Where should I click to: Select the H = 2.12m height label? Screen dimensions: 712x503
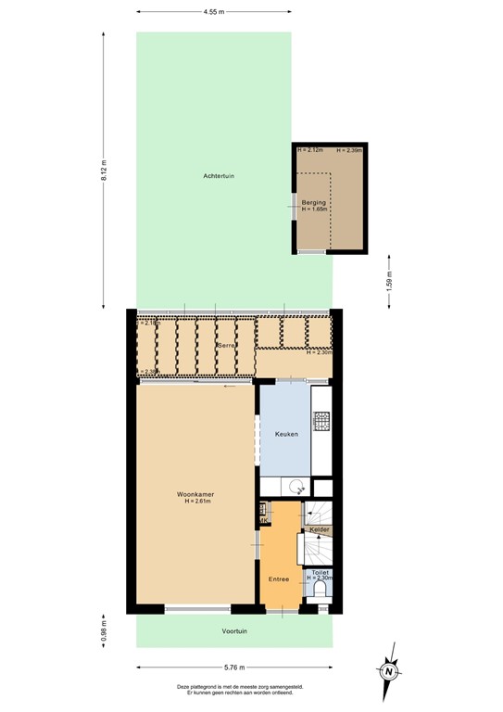pyautogui.click(x=310, y=149)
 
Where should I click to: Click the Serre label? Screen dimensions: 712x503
pyautogui.click(x=225, y=345)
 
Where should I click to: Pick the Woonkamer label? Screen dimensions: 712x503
pyautogui.click(x=195, y=494)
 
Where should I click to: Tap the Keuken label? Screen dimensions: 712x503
pyautogui.click(x=285, y=434)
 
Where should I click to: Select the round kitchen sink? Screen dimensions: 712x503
pyautogui.click(x=296, y=487)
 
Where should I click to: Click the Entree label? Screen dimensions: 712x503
pyautogui.click(x=279, y=579)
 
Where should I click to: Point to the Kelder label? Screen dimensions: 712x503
pyautogui.click(x=320, y=529)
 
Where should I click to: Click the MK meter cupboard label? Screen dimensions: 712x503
pyautogui.click(x=263, y=520)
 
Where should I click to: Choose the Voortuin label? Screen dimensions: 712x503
pyautogui.click(x=234, y=631)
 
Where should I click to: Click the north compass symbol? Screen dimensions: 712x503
pyautogui.click(x=390, y=670)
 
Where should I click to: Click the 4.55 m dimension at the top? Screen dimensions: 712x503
pyautogui.click(x=213, y=11)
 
